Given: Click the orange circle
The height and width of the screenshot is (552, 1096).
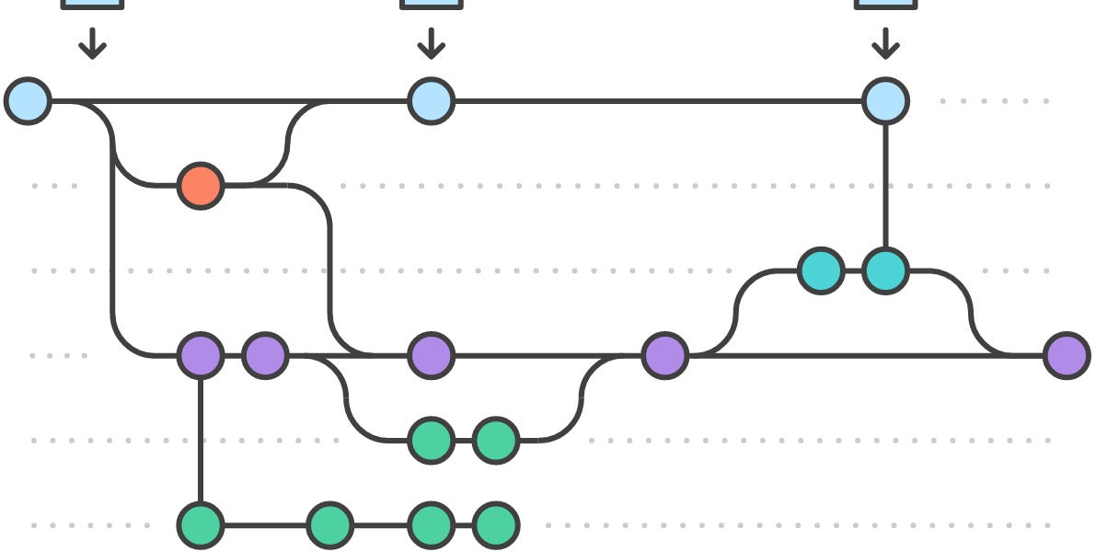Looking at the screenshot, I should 201,186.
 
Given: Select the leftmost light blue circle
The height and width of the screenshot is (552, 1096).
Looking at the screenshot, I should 29,100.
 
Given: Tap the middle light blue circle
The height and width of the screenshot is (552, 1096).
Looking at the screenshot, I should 431,100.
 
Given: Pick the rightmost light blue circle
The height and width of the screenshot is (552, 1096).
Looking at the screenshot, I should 885,100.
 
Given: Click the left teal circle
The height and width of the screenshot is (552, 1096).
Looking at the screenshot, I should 820,270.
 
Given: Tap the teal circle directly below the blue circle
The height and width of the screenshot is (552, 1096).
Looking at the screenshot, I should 885,270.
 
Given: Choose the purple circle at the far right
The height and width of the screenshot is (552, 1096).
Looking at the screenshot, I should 1067,355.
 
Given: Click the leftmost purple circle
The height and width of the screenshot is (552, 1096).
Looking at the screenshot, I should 201,355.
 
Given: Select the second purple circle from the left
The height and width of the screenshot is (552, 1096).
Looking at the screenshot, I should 265,355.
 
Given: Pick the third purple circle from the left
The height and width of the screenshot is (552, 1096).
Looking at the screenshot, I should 431,355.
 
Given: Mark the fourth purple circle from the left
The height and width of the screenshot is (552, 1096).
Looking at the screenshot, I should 664,355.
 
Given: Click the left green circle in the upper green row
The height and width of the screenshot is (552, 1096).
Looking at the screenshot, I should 431,440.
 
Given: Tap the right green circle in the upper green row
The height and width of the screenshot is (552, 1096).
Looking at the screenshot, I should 496,440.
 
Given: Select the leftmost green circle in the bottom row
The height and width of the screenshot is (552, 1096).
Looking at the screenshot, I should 201,525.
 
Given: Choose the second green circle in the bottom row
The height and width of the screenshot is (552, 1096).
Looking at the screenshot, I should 329,525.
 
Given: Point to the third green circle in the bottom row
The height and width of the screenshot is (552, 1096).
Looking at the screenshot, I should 431,525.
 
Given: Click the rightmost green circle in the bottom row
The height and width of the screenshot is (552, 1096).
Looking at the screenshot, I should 496,525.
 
